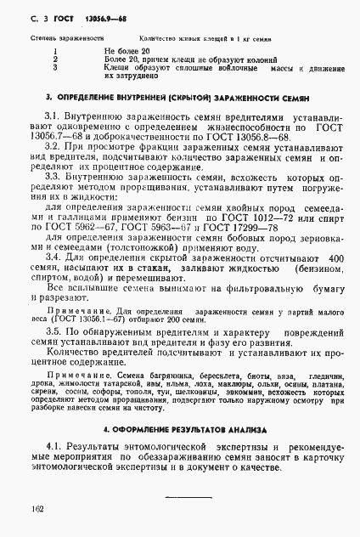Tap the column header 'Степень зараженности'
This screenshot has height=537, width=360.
[69, 39]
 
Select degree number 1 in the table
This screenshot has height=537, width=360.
[54, 50]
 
